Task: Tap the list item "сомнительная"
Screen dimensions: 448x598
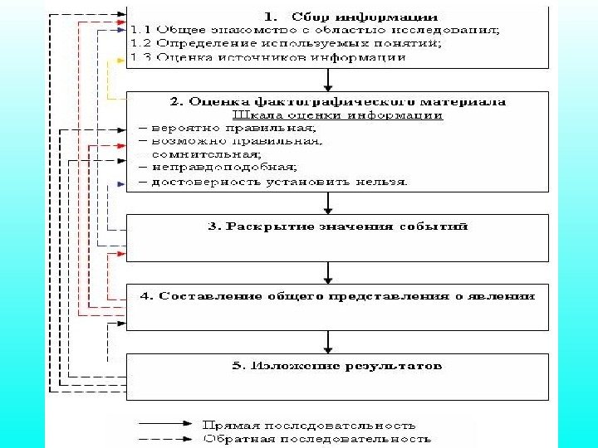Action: click(x=204, y=154)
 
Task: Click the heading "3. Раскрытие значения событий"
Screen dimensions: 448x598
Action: click(x=337, y=226)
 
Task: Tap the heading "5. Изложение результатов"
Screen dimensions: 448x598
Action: click(x=337, y=365)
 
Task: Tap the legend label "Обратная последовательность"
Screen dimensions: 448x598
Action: click(x=316, y=439)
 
